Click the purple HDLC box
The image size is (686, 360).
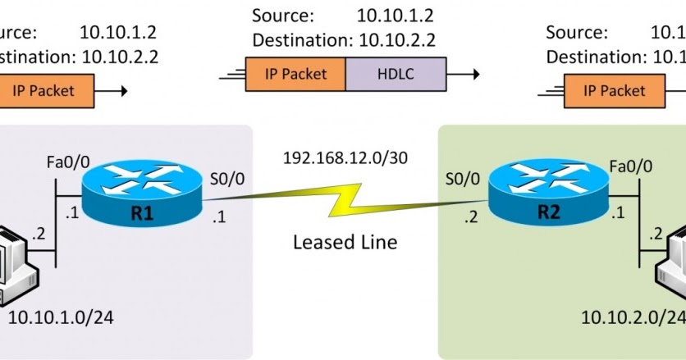(x=396, y=74)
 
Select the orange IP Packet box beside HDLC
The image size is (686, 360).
(x=295, y=74)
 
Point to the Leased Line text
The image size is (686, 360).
(x=345, y=242)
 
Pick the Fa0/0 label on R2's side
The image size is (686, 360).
(x=631, y=166)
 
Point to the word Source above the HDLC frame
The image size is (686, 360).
(x=282, y=16)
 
